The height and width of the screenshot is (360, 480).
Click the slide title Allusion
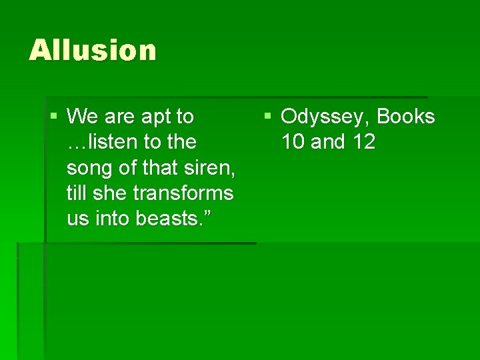(x=93, y=51)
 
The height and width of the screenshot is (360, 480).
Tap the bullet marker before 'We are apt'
(x=54, y=117)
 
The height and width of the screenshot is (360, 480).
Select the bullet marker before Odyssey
(x=267, y=117)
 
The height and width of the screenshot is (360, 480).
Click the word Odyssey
(x=325, y=117)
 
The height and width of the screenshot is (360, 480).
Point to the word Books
(x=405, y=117)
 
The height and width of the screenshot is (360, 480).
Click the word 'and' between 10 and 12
(x=327, y=142)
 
